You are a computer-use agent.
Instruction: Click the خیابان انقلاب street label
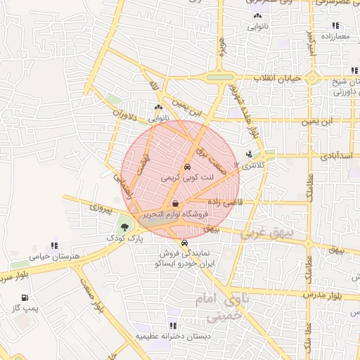pos(278,78)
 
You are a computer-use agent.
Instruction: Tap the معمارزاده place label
pos(336,35)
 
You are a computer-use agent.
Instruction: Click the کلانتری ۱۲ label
pos(251,165)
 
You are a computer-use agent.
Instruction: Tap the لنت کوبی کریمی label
pos(186,178)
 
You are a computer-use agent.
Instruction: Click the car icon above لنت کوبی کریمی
pos(186,167)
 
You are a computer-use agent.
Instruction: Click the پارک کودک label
pos(124,238)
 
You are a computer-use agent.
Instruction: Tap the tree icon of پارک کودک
pos(124,227)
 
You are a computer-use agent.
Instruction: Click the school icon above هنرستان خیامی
pos(33,246)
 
